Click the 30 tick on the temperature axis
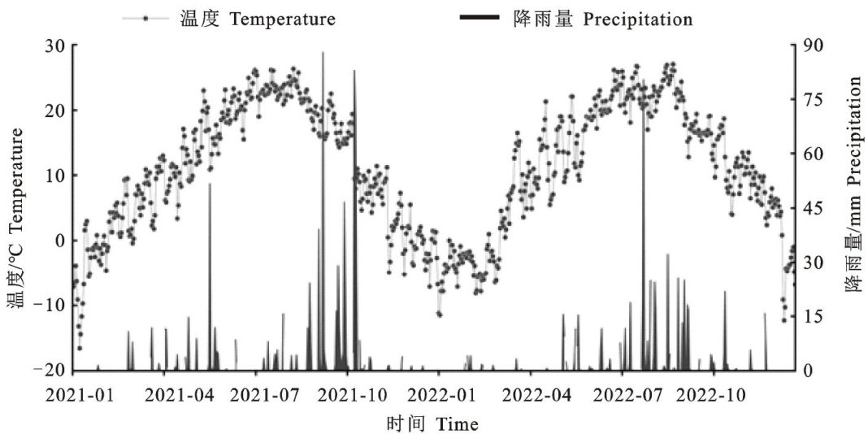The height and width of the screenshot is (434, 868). (x=55, y=46)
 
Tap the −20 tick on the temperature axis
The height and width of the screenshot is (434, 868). (x=50, y=371)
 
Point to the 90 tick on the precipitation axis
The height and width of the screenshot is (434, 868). (x=814, y=46)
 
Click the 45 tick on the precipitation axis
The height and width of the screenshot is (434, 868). (x=814, y=208)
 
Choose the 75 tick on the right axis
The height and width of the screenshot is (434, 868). (x=814, y=100)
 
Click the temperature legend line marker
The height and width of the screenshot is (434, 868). (x=145, y=18)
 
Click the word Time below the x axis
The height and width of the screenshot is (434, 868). (x=457, y=424)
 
